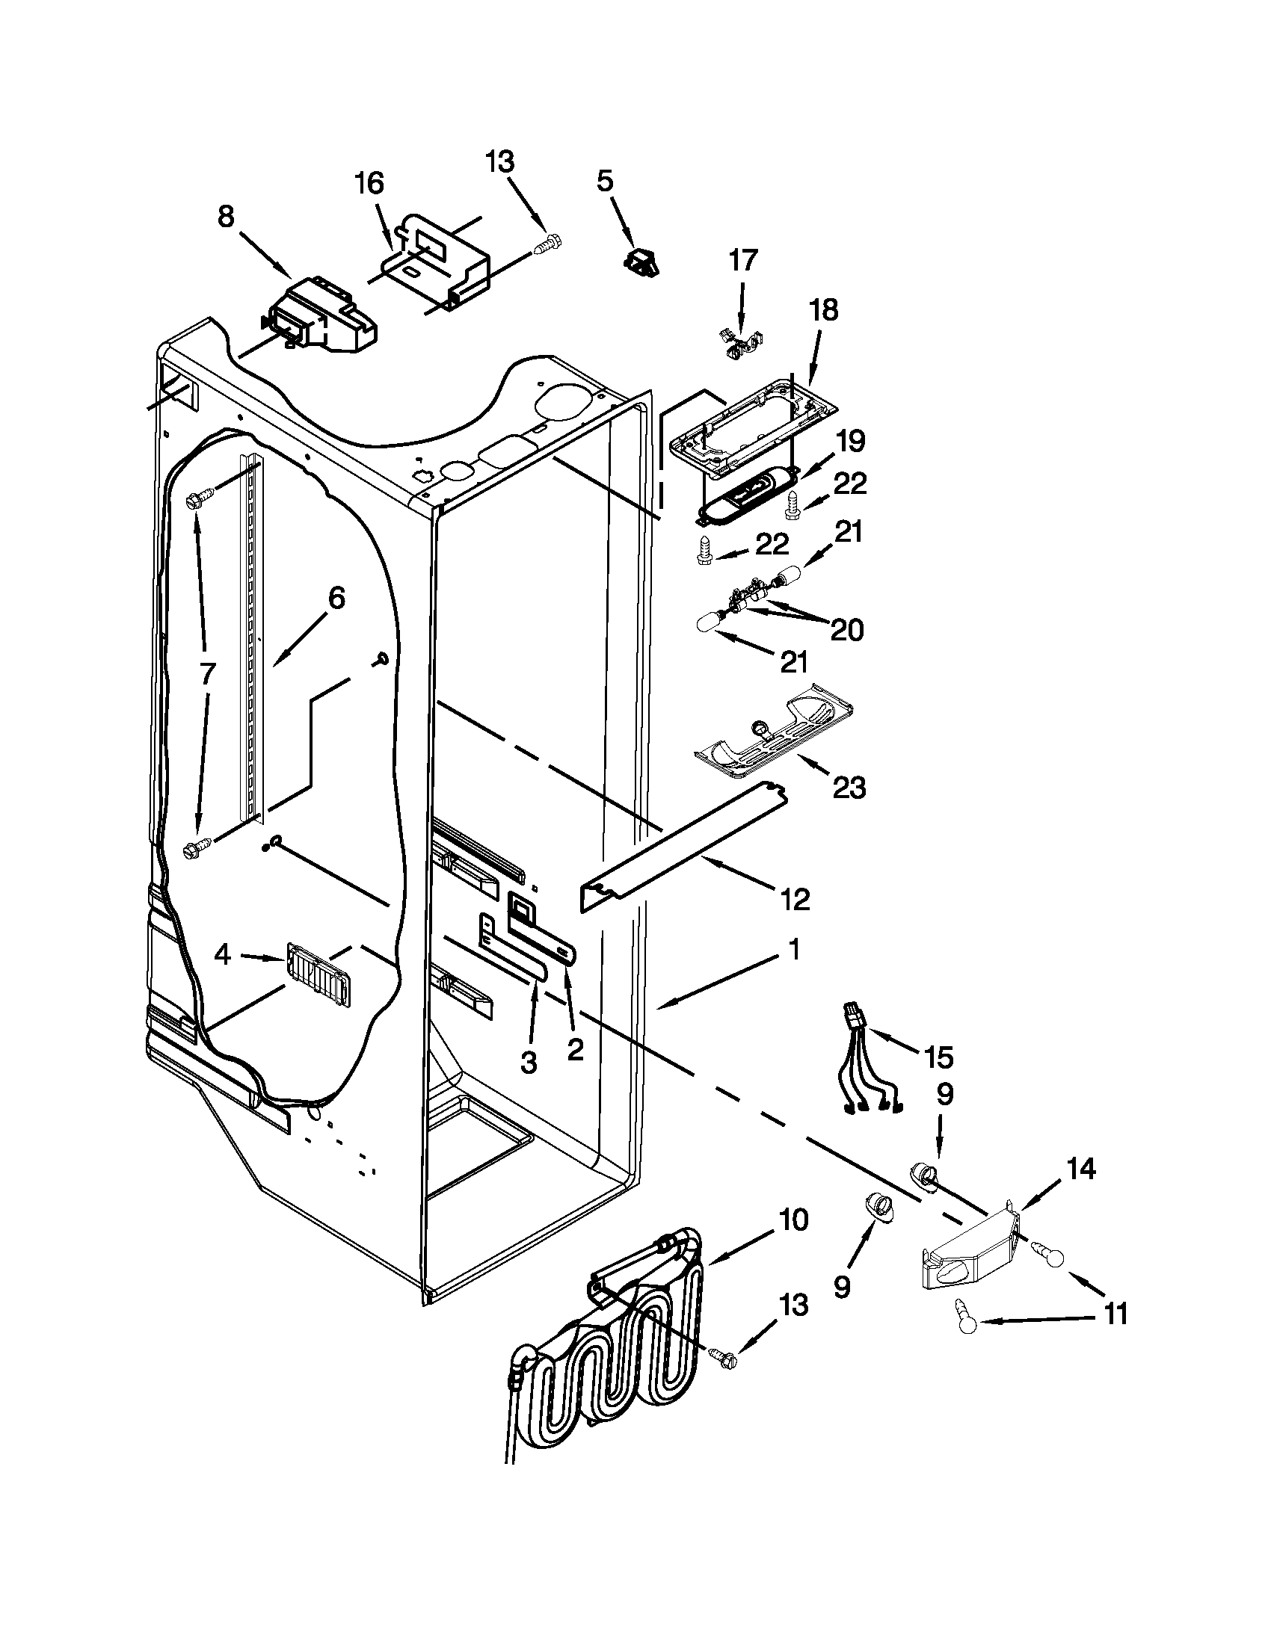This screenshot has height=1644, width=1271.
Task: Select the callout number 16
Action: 369,183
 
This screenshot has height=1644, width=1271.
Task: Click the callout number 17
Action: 742,262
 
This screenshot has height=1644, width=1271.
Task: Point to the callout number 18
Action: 825,309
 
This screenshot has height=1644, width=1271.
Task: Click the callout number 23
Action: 849,788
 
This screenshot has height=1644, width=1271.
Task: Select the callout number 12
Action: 795,899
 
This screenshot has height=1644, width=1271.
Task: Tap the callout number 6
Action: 336,599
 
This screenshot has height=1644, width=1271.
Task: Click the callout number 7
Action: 208,673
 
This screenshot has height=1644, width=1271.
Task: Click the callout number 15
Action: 938,1057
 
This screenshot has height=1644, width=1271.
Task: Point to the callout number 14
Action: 1080,1169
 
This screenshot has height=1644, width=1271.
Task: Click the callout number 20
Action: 846,629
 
